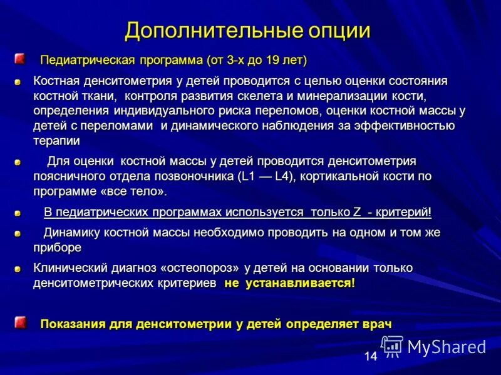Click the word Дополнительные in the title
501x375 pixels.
tap(195, 31)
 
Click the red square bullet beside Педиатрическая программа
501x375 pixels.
tap(20, 59)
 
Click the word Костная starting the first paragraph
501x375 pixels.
tap(55, 81)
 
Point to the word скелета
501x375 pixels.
tap(298, 96)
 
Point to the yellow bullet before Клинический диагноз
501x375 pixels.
tap(18, 269)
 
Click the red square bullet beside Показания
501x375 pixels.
tap(20, 322)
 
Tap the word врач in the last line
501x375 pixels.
tap(376, 324)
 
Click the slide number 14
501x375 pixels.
tap(370, 356)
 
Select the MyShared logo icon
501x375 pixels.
tap(392, 346)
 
